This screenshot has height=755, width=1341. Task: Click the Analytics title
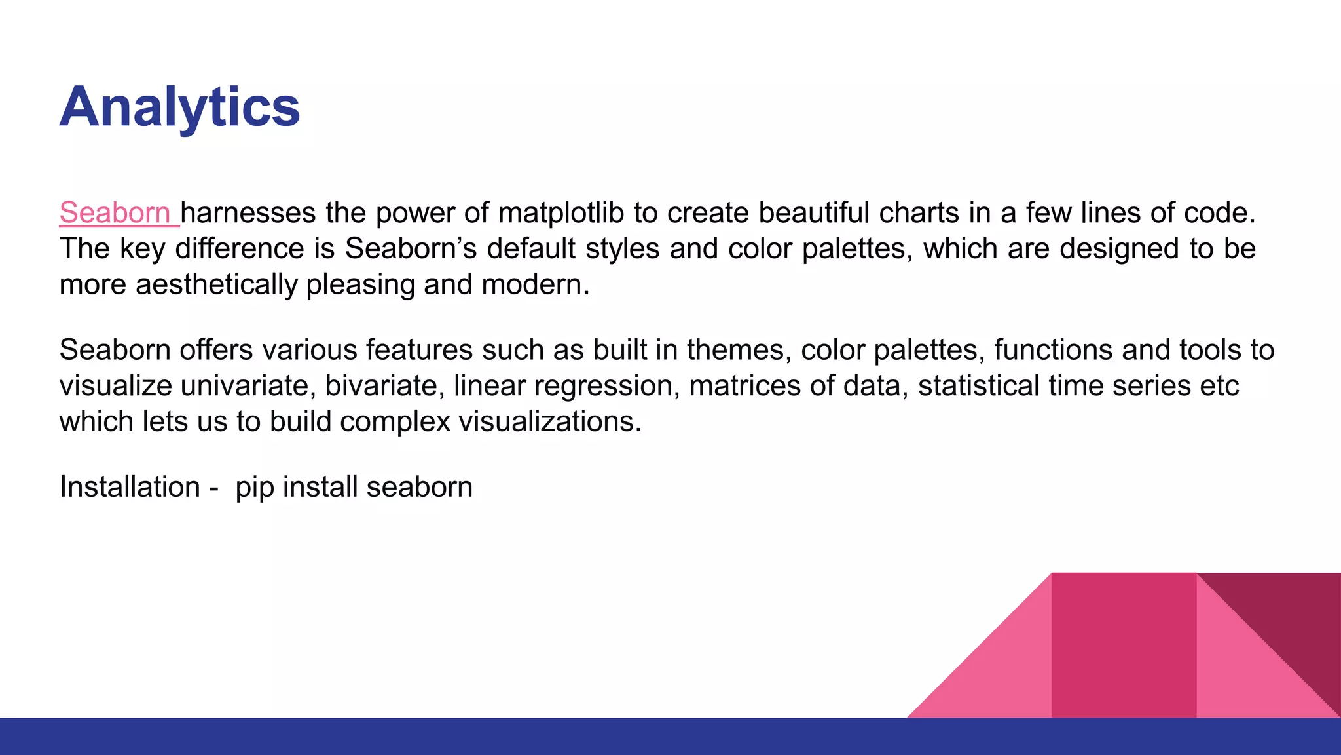click(179, 107)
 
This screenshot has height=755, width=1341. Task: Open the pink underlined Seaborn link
click(115, 213)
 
